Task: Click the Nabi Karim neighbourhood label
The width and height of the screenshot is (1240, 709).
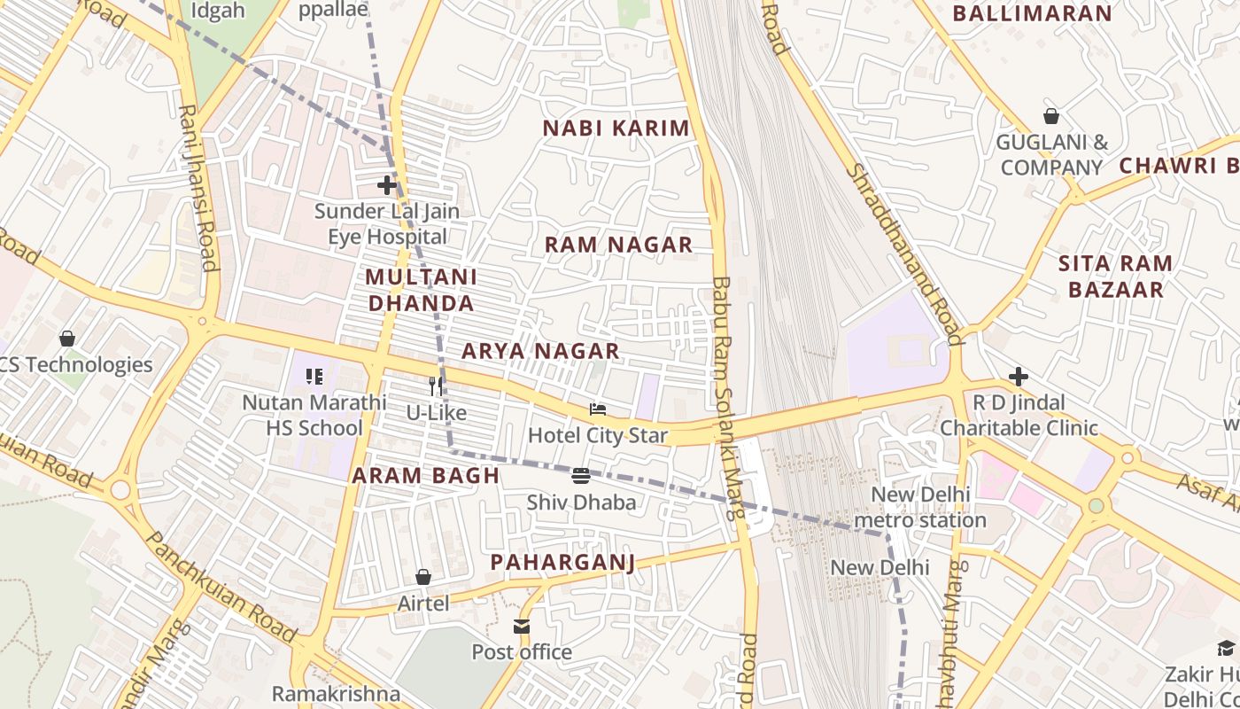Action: point(616,128)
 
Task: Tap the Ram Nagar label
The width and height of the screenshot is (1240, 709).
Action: point(618,245)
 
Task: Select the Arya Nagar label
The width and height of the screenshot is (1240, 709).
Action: point(540,351)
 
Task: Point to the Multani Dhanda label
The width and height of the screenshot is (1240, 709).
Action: point(421,290)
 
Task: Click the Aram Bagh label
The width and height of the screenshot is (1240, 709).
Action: point(426,476)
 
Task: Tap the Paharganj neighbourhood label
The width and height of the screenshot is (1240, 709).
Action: point(563,562)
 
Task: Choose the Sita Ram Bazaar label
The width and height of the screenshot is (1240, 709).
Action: point(1115,277)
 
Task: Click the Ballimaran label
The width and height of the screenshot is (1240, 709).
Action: point(1032,13)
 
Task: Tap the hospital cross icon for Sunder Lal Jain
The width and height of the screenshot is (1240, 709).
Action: point(387,185)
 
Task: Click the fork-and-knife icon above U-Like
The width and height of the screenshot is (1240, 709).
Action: point(436,386)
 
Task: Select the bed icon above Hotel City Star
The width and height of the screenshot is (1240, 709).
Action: point(598,409)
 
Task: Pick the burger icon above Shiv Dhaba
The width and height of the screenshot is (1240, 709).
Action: point(581,476)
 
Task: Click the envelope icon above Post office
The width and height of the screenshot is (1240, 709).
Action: point(522,627)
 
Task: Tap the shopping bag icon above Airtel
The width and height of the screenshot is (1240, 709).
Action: point(423,577)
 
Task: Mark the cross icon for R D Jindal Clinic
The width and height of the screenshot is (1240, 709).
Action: point(1019,377)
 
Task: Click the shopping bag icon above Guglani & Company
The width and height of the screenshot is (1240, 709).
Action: point(1051,116)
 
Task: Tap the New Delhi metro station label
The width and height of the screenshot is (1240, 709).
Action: point(921,507)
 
